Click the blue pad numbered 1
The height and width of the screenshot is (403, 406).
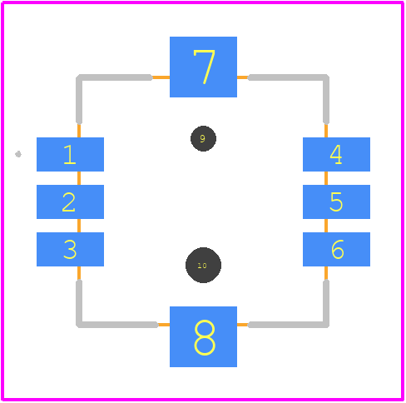pos(70,154)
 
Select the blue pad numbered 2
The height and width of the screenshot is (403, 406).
pos(70,201)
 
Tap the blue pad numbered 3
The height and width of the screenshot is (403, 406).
pos(70,249)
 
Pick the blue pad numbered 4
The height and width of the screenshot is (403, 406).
pos(336,154)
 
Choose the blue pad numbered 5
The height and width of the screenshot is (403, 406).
pos(336,201)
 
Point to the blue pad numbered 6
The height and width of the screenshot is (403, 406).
pos(336,249)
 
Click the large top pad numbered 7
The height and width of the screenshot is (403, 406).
pos(203,67)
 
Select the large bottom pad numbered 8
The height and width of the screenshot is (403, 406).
pos(203,336)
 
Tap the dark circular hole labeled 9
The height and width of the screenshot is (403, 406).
pos(203,138)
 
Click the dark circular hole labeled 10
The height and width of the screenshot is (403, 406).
pos(203,265)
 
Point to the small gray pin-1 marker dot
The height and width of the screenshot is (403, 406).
pos(18,154)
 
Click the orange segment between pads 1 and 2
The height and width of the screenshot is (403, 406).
pos(79,178)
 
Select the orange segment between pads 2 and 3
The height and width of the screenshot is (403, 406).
pos(79,226)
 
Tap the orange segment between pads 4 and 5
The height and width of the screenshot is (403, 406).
pos(326,178)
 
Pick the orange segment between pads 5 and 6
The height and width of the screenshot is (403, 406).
pos(326,226)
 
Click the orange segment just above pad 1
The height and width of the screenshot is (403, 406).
pos(79,131)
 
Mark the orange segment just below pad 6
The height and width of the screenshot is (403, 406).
pos(326,273)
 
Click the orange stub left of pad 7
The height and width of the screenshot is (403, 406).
pos(161,77)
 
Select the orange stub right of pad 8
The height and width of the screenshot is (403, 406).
pos(243,325)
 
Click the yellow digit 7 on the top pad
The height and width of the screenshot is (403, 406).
pos(204,67)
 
